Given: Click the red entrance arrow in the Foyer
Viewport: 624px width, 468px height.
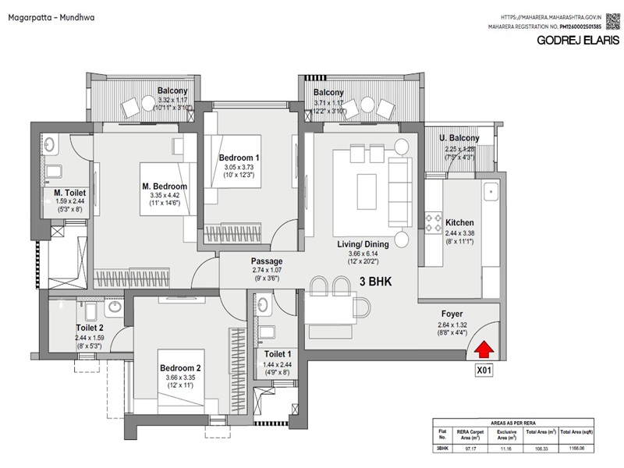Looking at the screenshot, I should point(484,350).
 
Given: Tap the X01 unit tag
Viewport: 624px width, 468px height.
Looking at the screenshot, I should point(484,372).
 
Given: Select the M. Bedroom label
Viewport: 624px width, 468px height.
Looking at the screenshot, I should point(165,186).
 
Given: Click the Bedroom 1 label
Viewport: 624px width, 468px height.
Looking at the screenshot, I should point(239,158).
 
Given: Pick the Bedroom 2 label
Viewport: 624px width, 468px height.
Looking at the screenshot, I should point(181,368).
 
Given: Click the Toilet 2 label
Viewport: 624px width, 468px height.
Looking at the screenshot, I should point(91,328).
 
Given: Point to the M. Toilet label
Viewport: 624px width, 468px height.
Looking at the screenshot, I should point(69,193).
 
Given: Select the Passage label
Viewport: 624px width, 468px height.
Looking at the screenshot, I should point(266,261).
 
